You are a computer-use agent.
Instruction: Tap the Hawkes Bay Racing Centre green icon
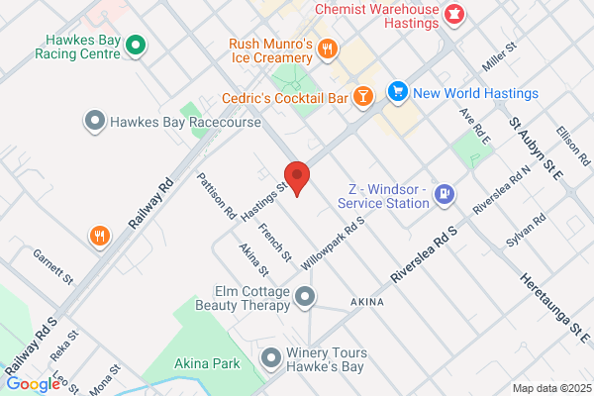[x=138, y=44]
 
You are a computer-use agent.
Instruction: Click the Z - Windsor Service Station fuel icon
[x=445, y=194]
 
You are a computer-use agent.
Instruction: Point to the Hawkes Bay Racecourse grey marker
[x=95, y=123]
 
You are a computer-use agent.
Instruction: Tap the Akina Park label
[x=207, y=364]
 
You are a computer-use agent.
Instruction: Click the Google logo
[x=33, y=383]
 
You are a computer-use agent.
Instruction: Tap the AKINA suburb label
[x=367, y=300]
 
